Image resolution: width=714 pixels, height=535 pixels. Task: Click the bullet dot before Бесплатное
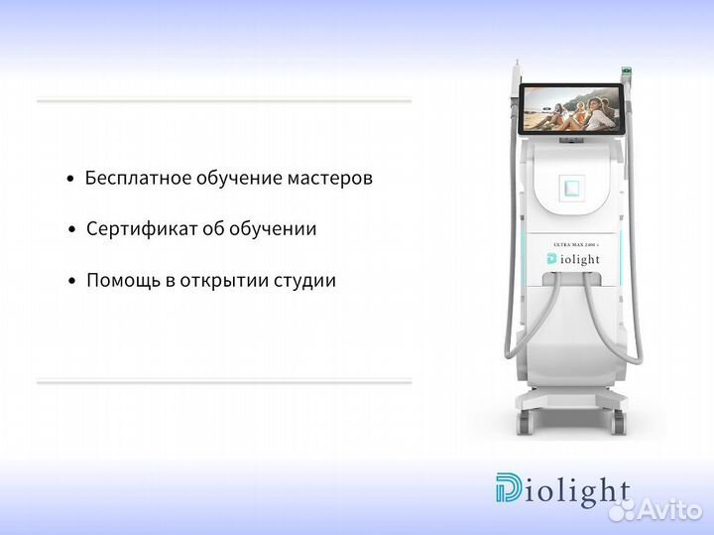[69, 180]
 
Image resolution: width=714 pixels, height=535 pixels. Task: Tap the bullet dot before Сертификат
[71, 230]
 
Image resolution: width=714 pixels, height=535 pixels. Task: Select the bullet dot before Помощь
[71, 282]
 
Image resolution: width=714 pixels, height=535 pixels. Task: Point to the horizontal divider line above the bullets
[224, 100]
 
